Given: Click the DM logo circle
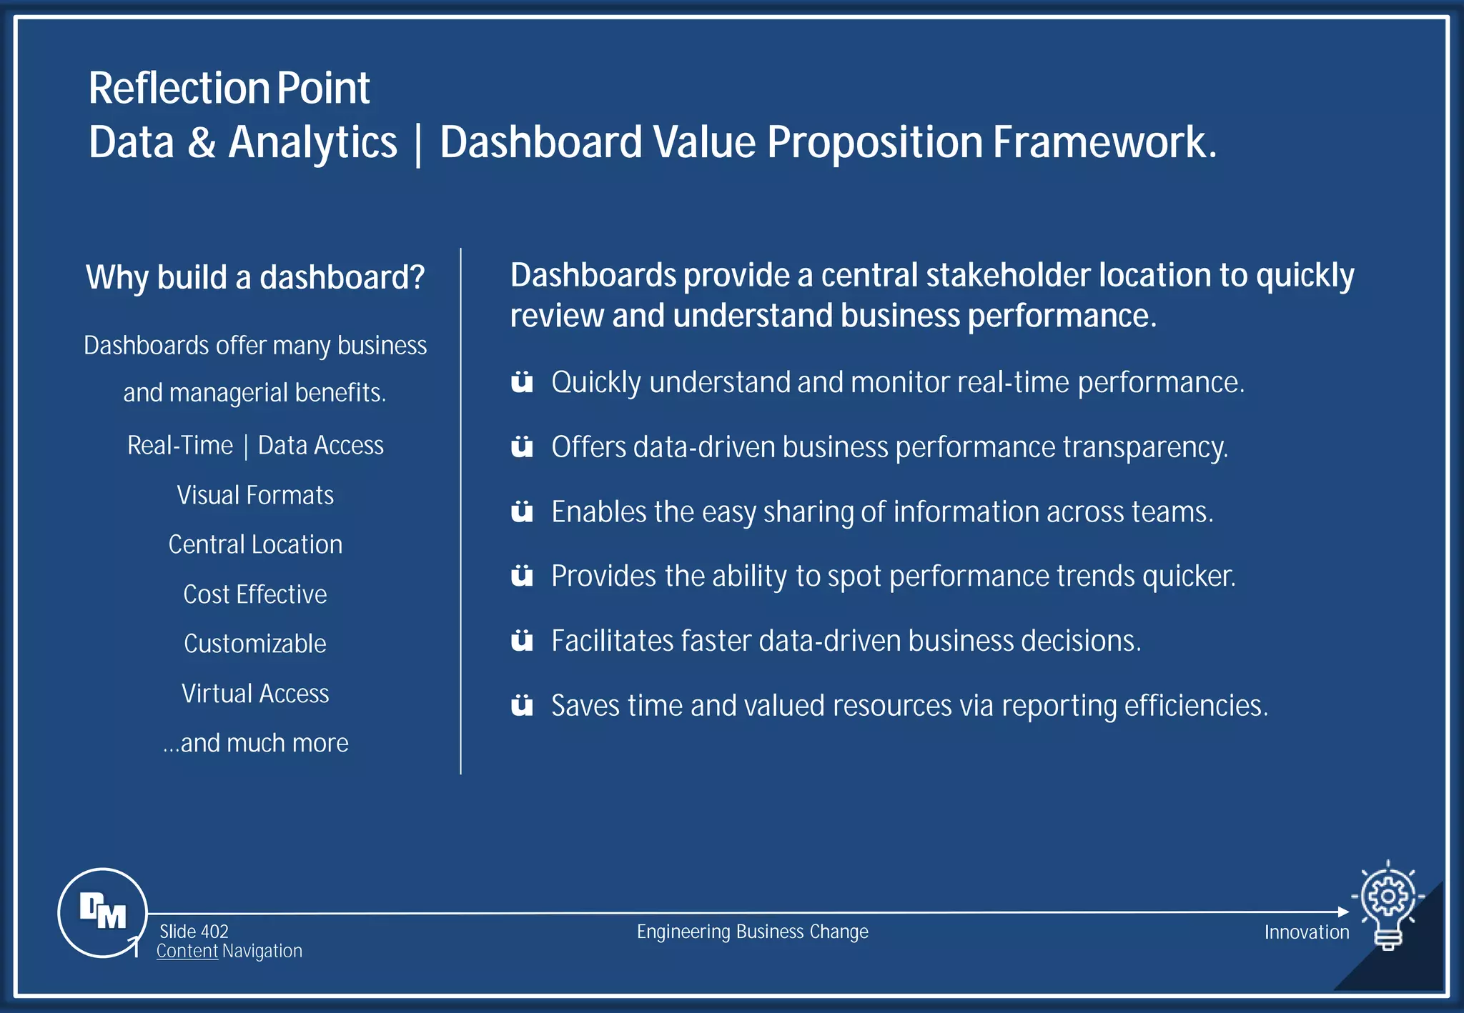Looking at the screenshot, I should click(102, 912).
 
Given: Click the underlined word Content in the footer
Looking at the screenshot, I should click(187, 951).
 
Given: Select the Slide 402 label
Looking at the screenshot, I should click(194, 931).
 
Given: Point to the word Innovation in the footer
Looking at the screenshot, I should click(1306, 932).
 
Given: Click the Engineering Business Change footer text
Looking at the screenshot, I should click(752, 932).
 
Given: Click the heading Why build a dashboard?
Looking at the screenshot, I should click(255, 277).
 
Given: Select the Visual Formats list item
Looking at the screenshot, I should click(255, 495).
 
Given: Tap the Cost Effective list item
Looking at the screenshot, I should click(255, 594).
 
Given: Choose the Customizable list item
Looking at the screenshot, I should click(255, 644).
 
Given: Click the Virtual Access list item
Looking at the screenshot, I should click(255, 693).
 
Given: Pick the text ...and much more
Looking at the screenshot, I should click(255, 743).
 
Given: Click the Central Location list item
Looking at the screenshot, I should click(255, 544).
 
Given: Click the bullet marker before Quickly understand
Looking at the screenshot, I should click(522, 382).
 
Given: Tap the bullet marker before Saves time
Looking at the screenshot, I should click(522, 705).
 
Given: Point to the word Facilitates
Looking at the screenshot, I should click(611, 641).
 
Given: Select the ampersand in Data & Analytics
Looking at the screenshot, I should click(202, 142).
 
